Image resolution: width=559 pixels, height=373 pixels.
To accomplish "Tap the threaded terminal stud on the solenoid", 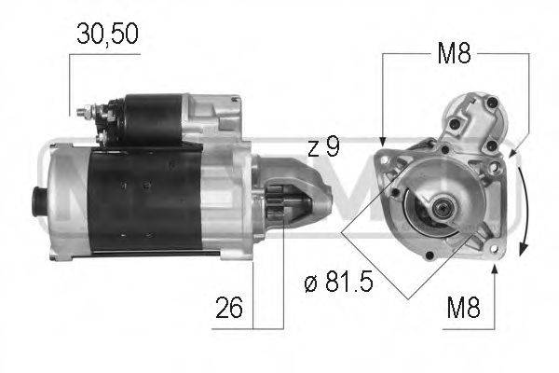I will tap(83, 112).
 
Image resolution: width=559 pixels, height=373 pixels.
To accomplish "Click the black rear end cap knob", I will tap(38, 199).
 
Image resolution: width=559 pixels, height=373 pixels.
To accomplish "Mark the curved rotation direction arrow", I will tap(526, 200).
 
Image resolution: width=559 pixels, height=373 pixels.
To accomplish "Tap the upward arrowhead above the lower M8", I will tap(494, 270).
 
